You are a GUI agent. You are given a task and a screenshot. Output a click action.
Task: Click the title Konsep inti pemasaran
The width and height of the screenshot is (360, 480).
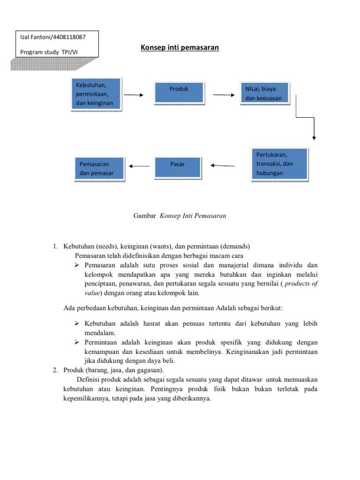coord(180,48)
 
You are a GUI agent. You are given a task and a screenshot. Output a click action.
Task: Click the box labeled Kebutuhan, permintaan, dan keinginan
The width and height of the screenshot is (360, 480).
coord(96,94)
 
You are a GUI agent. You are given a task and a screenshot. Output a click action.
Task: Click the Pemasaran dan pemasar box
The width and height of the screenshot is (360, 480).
coord(99,169)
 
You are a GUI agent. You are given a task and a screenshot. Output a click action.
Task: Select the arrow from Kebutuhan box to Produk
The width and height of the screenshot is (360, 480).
coord(134,95)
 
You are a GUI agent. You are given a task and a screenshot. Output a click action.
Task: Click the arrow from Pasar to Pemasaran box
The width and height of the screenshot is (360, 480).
coord(139,165)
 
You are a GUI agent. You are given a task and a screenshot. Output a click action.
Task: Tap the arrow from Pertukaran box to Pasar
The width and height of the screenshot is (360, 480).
coord(223,165)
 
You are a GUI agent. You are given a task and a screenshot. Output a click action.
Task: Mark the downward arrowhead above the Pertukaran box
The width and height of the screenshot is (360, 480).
coord(314,137)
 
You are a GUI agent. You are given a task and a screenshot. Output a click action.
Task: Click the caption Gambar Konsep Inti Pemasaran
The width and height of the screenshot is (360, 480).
coord(180,216)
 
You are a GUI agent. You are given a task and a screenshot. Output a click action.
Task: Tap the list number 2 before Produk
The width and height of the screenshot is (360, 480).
coord(54,370)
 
